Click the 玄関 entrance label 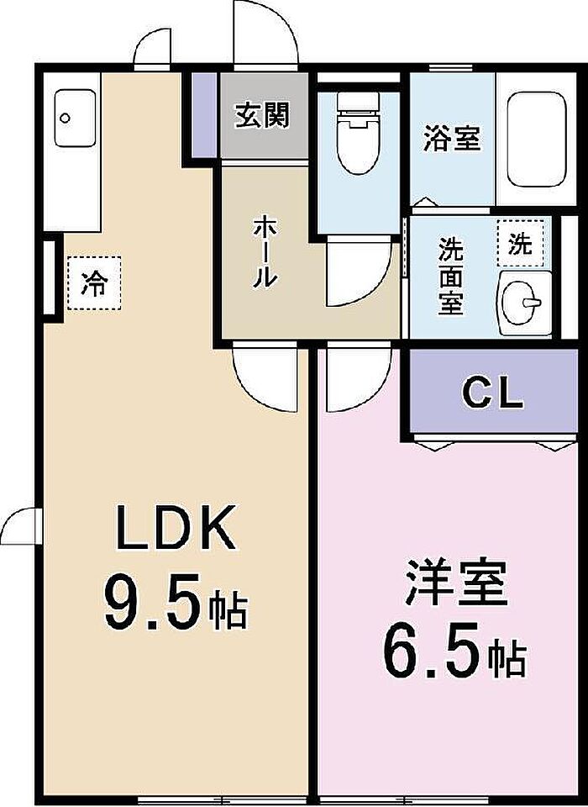pyautogui.click(x=262, y=115)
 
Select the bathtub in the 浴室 pyautogui.click(x=537, y=140)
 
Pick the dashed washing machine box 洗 pyautogui.click(x=521, y=242)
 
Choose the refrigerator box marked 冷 pyautogui.click(x=94, y=283)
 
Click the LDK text pyautogui.click(x=176, y=528)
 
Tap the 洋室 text pyautogui.click(x=456, y=583)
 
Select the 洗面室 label pyautogui.click(x=450, y=277)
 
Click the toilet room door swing pyautogui.click(x=360, y=272)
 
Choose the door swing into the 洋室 pyautogui.click(x=359, y=378)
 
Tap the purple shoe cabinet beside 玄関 pyautogui.click(x=204, y=115)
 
